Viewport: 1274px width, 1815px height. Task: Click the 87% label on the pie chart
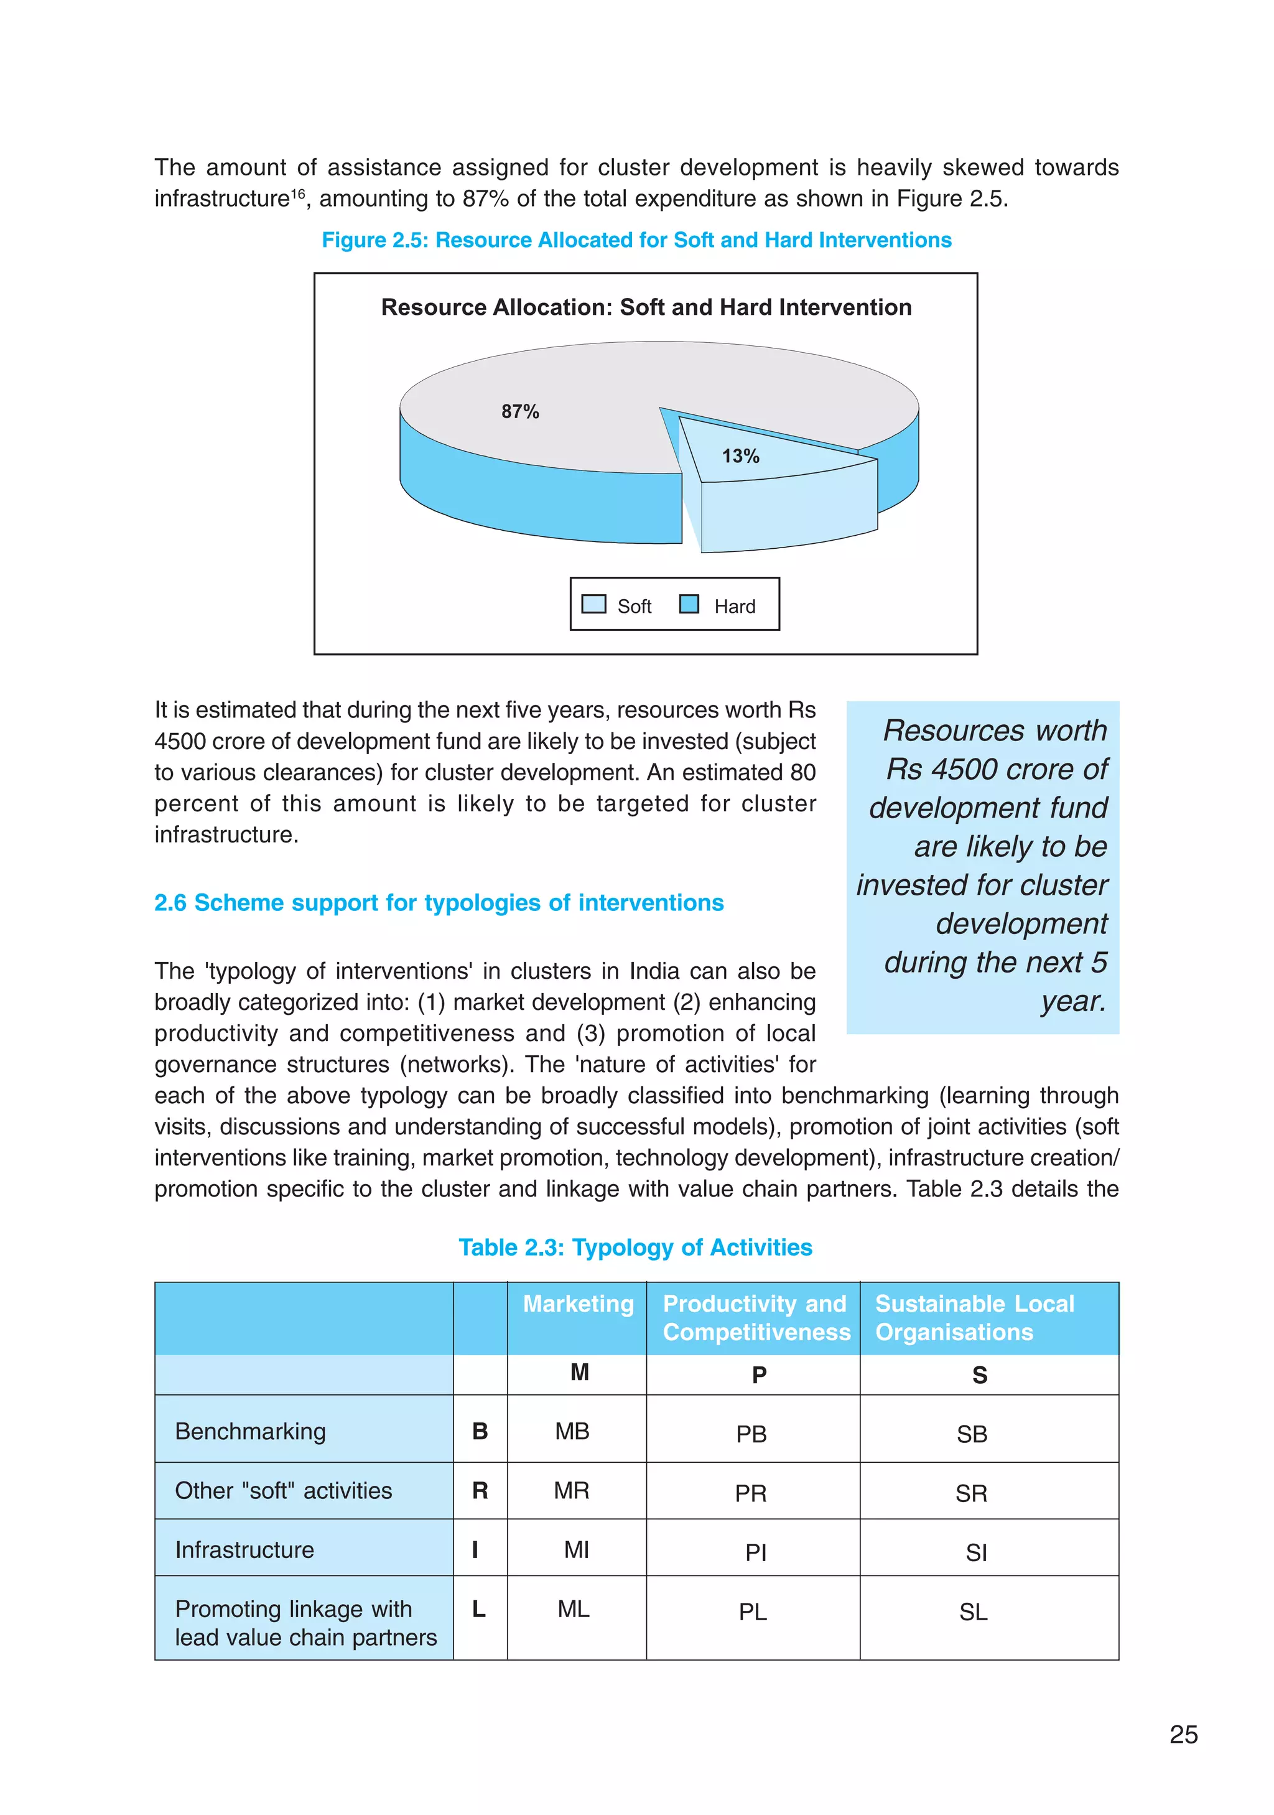(519, 411)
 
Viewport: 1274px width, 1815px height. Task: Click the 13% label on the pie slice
(740, 456)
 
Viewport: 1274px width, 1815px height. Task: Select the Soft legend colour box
(593, 605)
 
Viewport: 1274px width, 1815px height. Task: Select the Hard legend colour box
(689, 605)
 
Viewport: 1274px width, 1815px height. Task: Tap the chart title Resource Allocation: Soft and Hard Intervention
(646, 307)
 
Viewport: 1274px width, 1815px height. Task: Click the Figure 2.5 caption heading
(636, 240)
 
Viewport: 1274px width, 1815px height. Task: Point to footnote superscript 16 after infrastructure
(298, 193)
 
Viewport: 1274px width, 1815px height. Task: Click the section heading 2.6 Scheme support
(439, 902)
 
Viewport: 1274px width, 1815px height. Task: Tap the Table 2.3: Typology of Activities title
(635, 1247)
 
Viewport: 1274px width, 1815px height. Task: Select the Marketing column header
(578, 1304)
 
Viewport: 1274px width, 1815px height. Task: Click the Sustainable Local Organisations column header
(974, 1317)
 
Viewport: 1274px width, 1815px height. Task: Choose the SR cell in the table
(970, 1493)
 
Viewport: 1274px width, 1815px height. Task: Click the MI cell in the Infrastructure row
(576, 1549)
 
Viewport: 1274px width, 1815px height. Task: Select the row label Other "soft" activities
(283, 1490)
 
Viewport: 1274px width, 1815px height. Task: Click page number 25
(1183, 1734)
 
